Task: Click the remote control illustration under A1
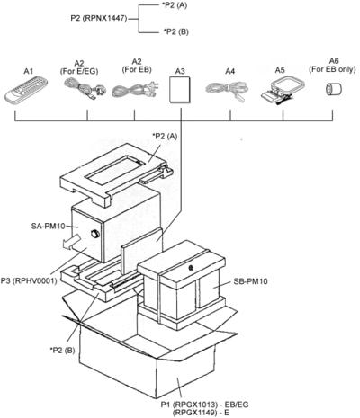point(26,89)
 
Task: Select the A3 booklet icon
point(180,90)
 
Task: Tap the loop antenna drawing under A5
point(283,91)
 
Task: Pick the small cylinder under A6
point(334,89)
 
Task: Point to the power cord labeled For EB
point(136,89)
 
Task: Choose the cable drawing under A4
point(228,90)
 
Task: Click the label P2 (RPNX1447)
point(99,19)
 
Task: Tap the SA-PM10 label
point(48,226)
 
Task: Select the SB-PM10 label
point(250,281)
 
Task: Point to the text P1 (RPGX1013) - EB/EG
point(205,405)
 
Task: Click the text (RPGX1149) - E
point(201,413)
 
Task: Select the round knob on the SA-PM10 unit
point(95,234)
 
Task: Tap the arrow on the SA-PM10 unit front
point(72,243)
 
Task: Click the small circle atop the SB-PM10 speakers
point(191,268)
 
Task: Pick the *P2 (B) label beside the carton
point(62,350)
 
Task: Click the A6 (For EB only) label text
point(332,65)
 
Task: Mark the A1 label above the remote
point(29,71)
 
